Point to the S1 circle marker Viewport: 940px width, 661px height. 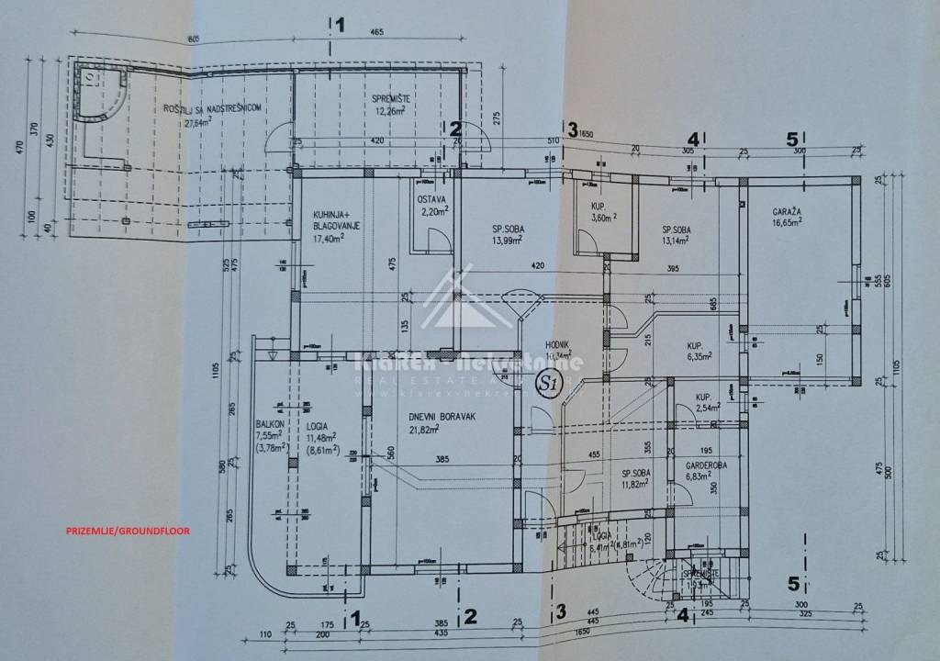click(548, 384)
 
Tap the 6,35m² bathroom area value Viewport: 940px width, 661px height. click(702, 359)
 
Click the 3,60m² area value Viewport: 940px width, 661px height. click(602, 218)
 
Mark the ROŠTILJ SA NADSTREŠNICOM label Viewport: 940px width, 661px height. click(213, 108)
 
